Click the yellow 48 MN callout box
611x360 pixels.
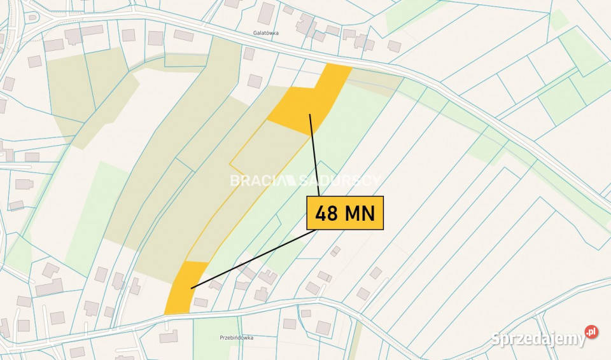(345, 212)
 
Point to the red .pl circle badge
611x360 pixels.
(591, 332)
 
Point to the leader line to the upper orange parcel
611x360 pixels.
(314, 153)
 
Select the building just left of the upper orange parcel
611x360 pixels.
(255, 81)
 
